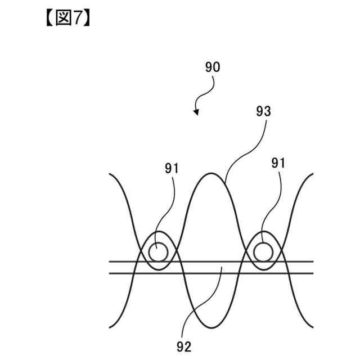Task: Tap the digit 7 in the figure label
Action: coord(79,18)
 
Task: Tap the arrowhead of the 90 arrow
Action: coord(196,112)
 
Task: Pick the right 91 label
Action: coord(278,163)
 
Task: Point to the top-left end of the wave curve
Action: coord(109,175)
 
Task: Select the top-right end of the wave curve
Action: coord(313,175)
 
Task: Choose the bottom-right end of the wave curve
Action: coord(313,327)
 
